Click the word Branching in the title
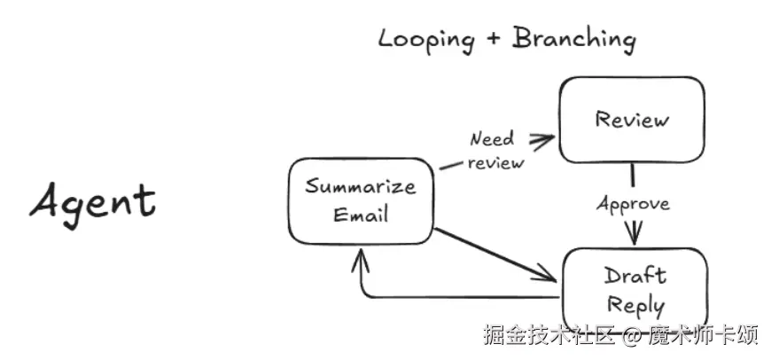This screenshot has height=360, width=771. click(574, 39)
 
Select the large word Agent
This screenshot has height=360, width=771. click(92, 200)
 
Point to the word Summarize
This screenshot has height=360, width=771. click(360, 187)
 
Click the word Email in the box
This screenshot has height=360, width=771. click(361, 214)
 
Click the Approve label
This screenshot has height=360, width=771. click(633, 204)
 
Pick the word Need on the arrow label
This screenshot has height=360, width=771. click(492, 140)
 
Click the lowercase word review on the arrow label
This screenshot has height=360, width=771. click(495, 162)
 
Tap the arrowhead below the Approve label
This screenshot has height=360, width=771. click(633, 236)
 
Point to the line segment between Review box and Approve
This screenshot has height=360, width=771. click(632, 176)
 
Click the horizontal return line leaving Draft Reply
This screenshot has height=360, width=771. click(461, 296)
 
